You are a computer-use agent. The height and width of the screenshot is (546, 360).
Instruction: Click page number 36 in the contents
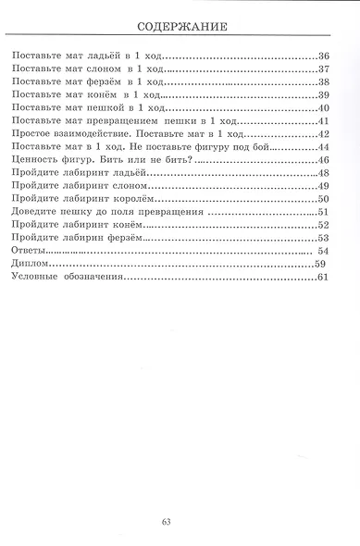pos(323,57)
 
